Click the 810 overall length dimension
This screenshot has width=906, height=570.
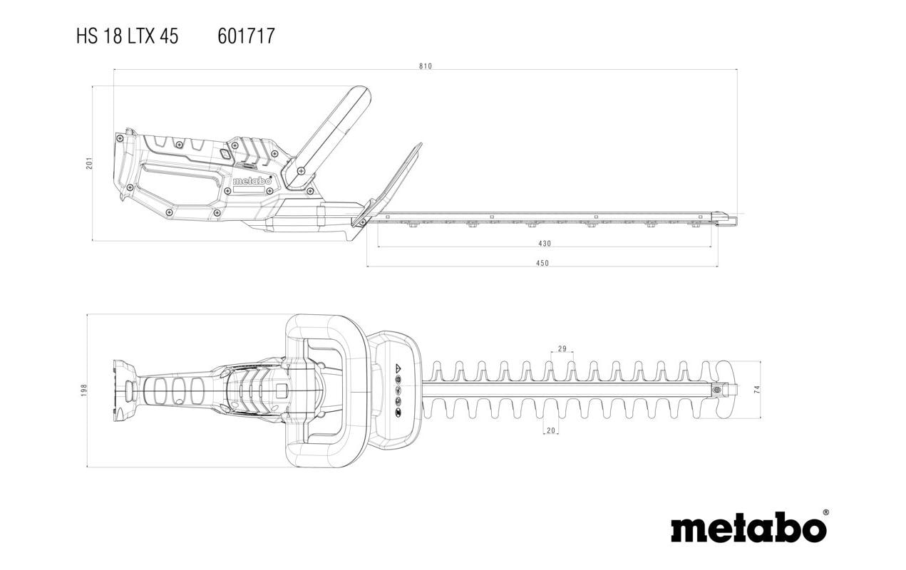(426, 66)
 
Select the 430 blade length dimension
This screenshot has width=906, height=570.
(544, 244)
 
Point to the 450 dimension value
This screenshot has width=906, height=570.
(542, 263)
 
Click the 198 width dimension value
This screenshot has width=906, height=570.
(83, 390)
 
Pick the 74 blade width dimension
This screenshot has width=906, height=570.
(757, 389)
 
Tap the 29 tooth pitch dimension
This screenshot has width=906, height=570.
(562, 348)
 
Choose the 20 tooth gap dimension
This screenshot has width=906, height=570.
(550, 430)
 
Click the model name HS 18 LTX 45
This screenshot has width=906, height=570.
(128, 36)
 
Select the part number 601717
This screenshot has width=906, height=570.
(246, 36)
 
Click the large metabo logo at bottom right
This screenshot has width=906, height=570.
(748, 529)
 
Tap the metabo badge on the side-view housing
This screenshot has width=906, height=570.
(252, 182)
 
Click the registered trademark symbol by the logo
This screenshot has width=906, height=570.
(825, 513)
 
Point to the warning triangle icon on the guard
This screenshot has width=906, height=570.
(398, 368)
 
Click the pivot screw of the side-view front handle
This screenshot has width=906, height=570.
(302, 171)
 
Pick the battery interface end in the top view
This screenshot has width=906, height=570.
(125, 390)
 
